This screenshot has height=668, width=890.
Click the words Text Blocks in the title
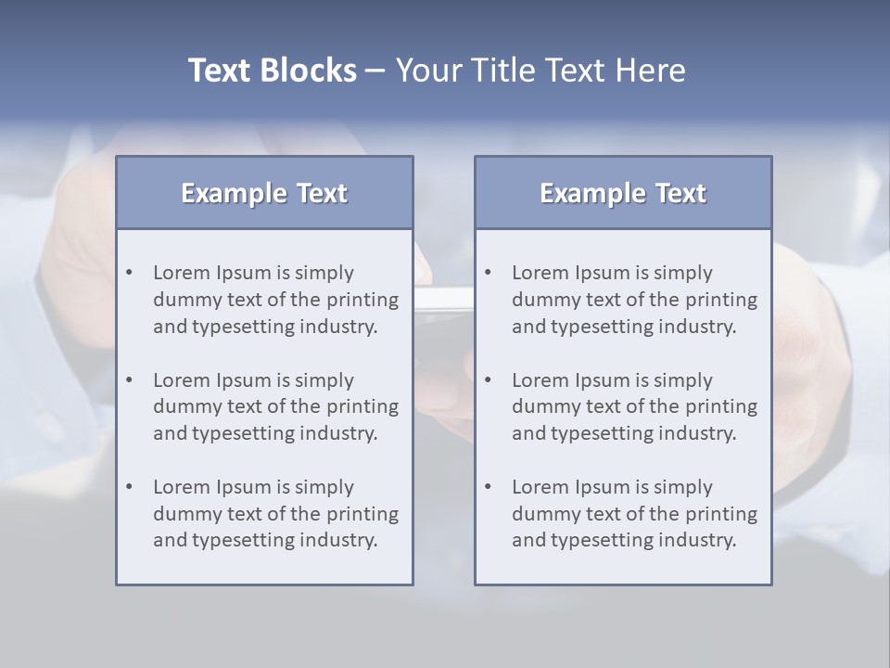273,71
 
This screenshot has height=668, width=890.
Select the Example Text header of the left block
264,193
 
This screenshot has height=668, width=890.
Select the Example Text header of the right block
623,193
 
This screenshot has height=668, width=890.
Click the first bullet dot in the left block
130,273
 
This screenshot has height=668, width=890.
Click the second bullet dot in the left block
130,380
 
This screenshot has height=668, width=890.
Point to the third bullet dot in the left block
130,487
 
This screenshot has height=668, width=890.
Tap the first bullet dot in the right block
489,273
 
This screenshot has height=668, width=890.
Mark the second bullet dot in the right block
489,380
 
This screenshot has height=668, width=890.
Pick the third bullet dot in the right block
489,487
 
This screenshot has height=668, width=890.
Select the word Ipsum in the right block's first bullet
602,273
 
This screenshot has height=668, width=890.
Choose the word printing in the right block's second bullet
722,406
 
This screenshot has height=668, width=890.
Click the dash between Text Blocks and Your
375,71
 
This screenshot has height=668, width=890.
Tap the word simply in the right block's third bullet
683,487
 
